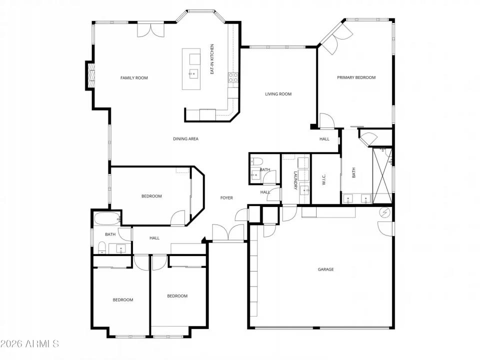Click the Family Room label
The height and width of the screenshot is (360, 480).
[134, 78]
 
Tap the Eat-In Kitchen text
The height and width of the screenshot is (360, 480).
[212, 59]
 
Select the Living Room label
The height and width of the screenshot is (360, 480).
[278, 94]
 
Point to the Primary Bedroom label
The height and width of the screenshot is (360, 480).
[356, 77]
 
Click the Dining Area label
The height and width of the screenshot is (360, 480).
[186, 139]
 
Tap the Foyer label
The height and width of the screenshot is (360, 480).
[226, 198]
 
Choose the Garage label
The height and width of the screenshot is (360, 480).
[326, 269]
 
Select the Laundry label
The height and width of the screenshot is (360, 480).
[295, 180]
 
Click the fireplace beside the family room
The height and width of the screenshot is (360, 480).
[91, 75]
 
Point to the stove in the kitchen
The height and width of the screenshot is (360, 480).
[233, 77]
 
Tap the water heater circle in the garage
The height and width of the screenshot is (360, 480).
[385, 213]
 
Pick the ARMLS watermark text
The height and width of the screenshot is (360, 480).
[30, 343]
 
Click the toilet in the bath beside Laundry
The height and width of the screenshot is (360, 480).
[256, 161]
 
